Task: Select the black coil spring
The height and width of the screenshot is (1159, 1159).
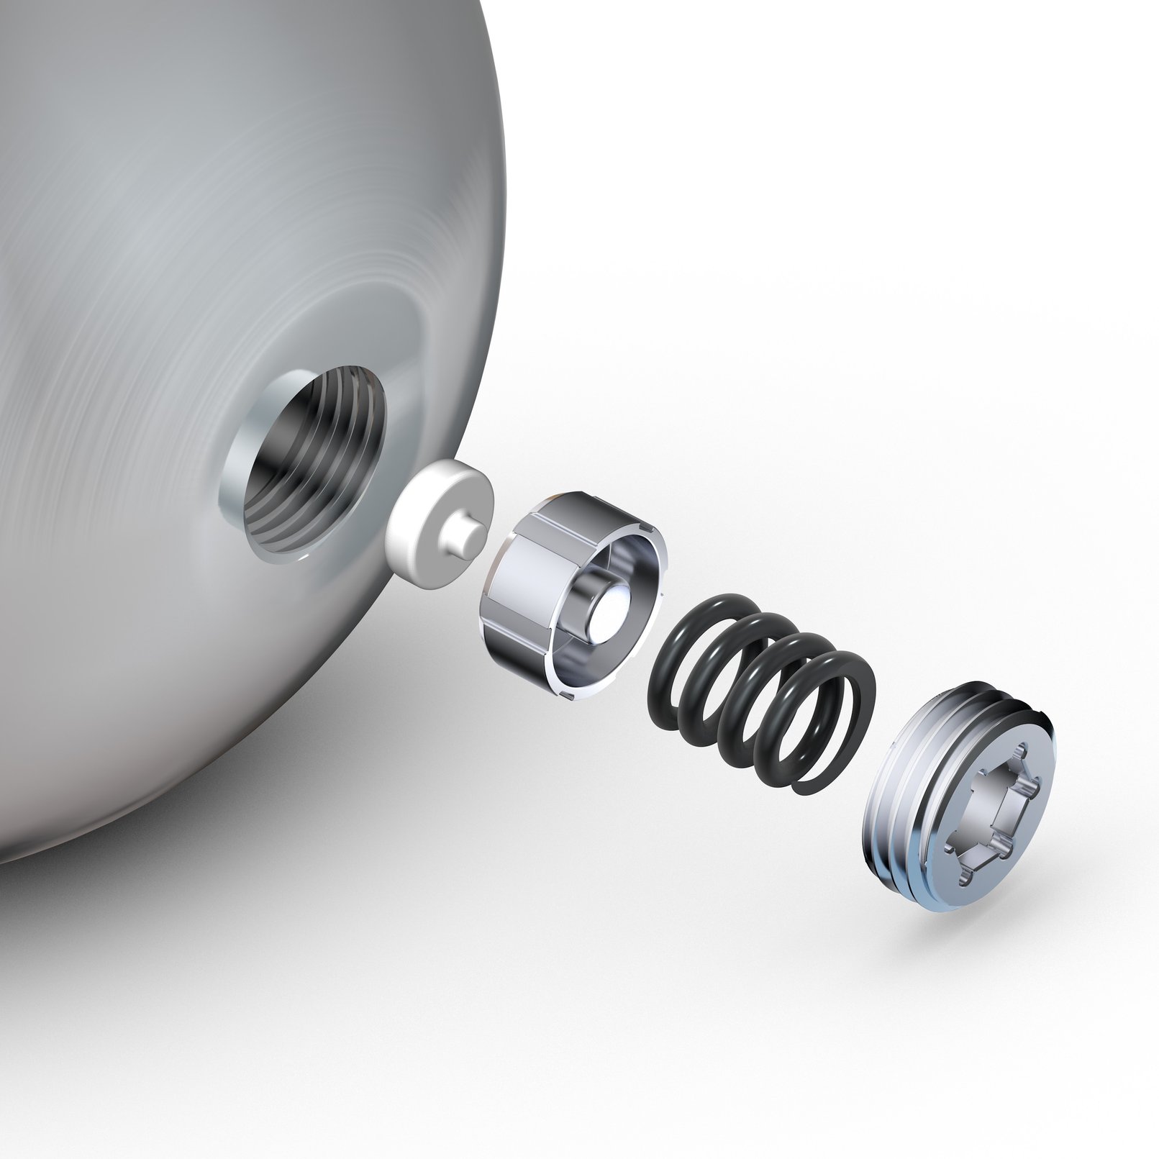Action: pos(763,691)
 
